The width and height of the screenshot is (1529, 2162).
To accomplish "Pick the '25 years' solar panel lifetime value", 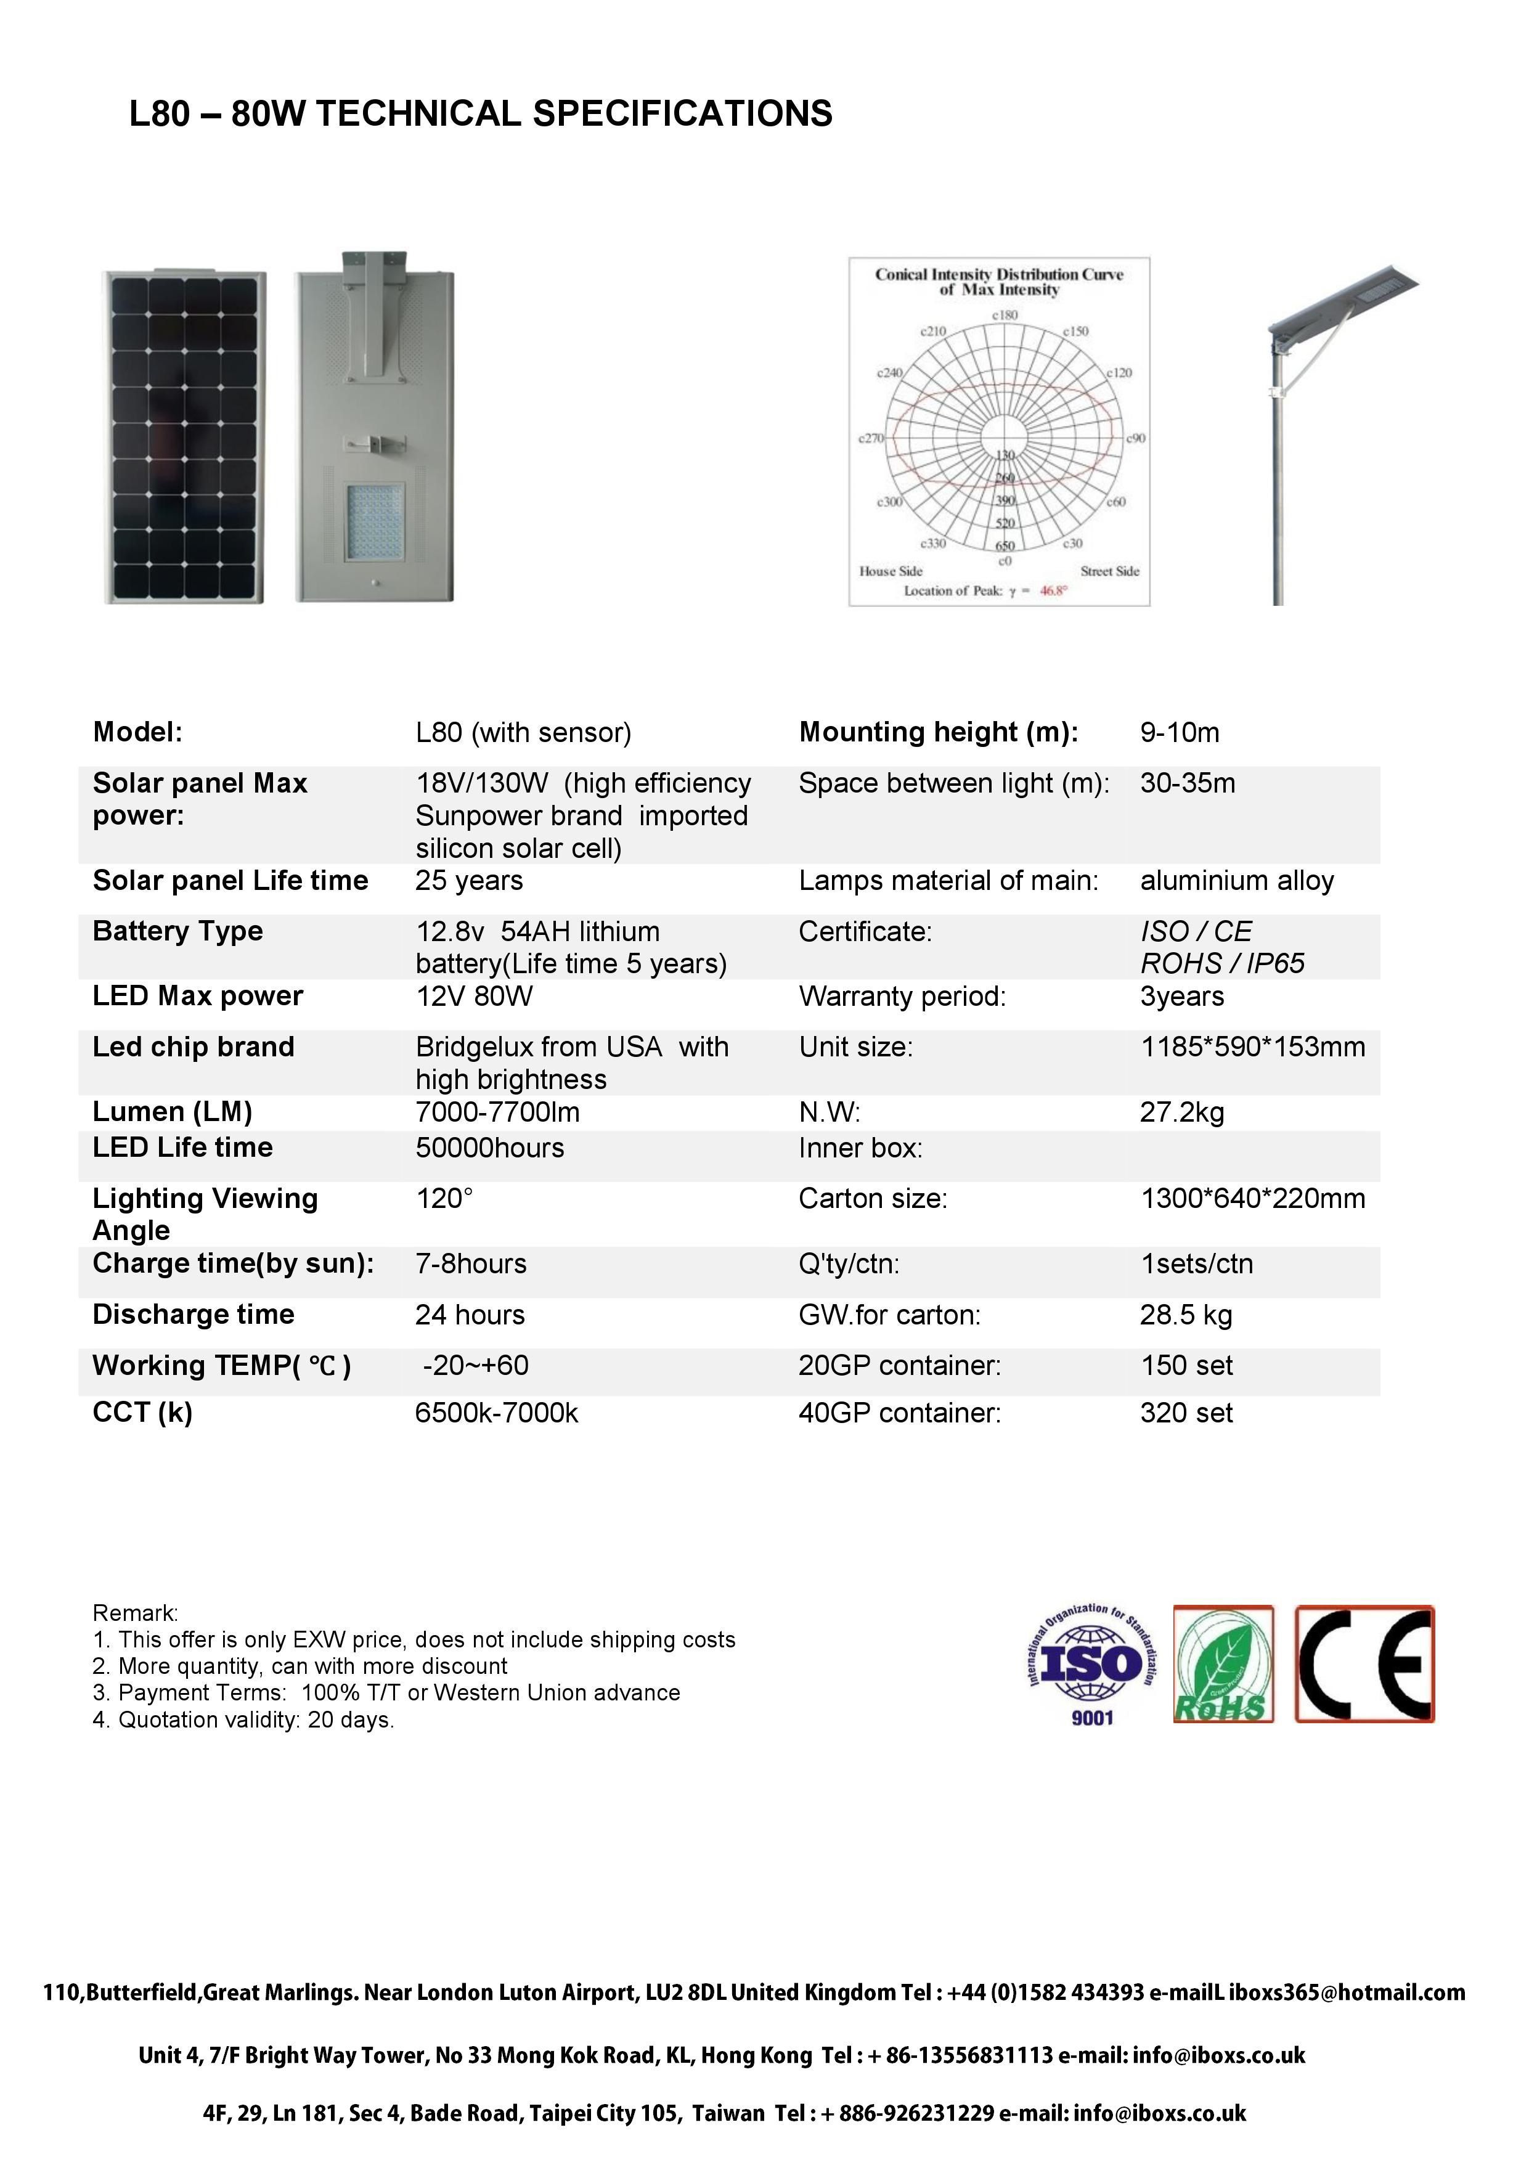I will coord(469,881).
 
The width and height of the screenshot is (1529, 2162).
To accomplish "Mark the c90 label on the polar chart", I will coord(1136,438).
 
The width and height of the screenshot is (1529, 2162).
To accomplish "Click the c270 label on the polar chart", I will coord(871,438).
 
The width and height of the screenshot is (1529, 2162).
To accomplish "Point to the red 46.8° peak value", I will coord(1053,592).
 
